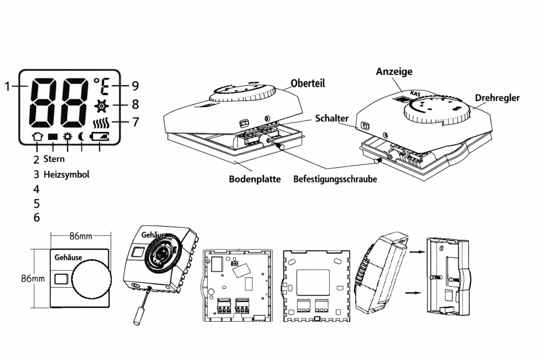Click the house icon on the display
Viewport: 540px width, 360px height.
tap(37, 137)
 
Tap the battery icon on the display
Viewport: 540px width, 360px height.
tap(101, 137)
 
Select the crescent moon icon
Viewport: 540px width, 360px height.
tap(81, 137)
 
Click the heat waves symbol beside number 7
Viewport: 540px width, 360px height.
tap(101, 122)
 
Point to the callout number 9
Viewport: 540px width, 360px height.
tap(135, 86)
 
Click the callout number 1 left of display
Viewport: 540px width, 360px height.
tap(7, 87)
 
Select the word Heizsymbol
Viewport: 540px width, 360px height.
tap(66, 175)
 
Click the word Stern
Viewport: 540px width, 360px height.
tap(54, 159)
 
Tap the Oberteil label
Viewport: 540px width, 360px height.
tap(308, 83)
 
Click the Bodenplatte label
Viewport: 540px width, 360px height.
tap(254, 179)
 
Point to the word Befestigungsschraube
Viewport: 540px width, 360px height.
tap(335, 179)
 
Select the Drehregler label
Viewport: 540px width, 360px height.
tap(497, 98)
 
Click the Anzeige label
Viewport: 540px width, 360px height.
tap(394, 71)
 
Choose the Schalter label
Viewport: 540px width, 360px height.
tap(331, 119)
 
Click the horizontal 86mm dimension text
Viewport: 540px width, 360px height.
tap(81, 236)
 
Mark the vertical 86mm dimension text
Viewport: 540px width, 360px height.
tap(33, 279)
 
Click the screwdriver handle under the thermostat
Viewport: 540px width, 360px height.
tap(138, 316)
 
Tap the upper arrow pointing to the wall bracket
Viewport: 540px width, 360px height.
tap(415, 252)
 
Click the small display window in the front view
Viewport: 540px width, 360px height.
tap(61, 279)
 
